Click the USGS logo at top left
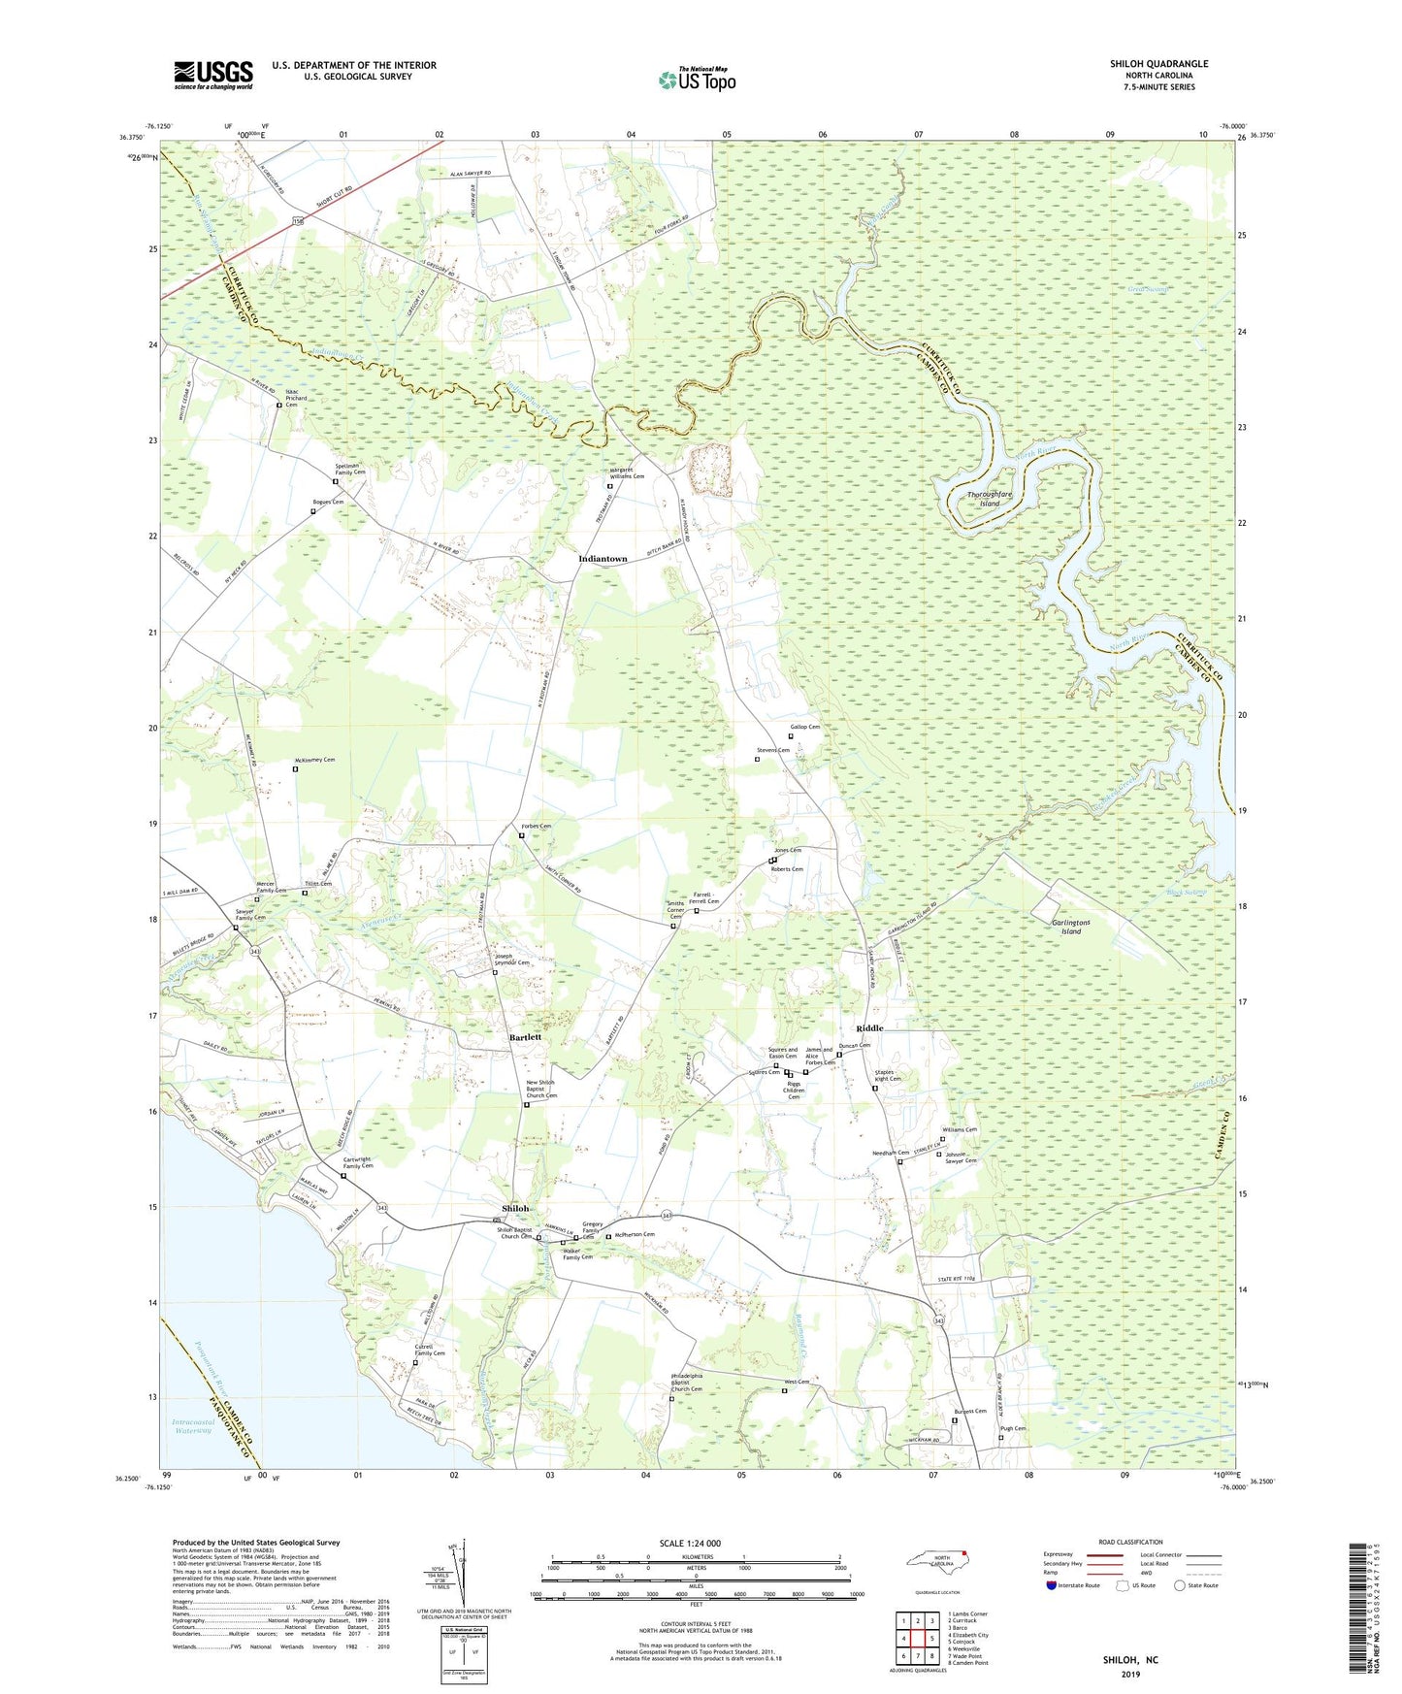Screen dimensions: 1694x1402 (x=213, y=75)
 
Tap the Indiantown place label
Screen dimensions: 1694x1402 (x=603, y=559)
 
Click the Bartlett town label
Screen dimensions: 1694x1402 (x=525, y=1037)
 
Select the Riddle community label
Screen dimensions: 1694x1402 (x=869, y=1027)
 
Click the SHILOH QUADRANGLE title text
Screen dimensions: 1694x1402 (x=1158, y=64)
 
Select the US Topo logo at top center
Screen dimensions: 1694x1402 (x=697, y=81)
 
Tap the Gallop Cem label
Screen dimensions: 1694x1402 (x=804, y=727)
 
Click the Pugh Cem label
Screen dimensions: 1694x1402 (x=1013, y=1428)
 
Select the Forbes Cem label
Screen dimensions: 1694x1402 (x=537, y=827)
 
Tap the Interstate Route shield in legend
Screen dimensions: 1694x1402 (x=1052, y=1585)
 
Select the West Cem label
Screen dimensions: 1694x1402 (x=797, y=1382)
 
